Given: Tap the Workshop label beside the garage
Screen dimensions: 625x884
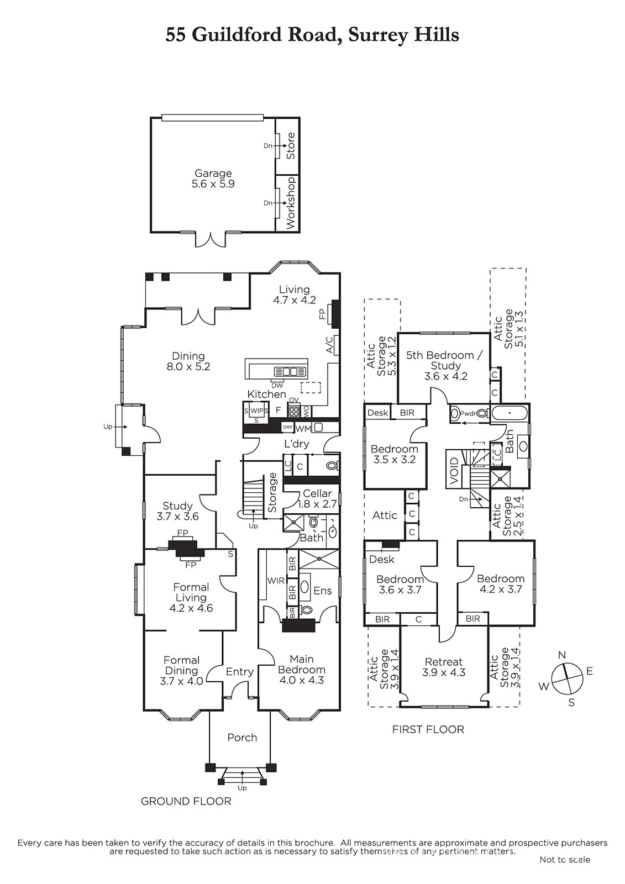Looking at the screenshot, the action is click(291, 203).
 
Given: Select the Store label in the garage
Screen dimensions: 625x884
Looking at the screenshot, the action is click(291, 146).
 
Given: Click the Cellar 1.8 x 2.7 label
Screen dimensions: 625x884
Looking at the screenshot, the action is click(317, 498).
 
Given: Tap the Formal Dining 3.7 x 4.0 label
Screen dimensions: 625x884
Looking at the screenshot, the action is click(182, 671).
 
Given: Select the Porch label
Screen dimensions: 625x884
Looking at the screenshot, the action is click(242, 738).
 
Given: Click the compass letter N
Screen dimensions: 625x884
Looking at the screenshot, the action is click(562, 655).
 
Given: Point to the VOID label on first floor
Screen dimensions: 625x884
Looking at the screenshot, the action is click(454, 470).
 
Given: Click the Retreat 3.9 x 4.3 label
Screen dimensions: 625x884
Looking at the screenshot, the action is click(444, 667).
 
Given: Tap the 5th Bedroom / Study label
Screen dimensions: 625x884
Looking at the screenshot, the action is click(445, 365).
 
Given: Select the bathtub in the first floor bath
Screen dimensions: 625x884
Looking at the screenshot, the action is click(510, 413).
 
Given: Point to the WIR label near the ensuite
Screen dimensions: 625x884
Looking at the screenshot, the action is click(276, 581).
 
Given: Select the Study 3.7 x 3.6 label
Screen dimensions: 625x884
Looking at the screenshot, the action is click(178, 511).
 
